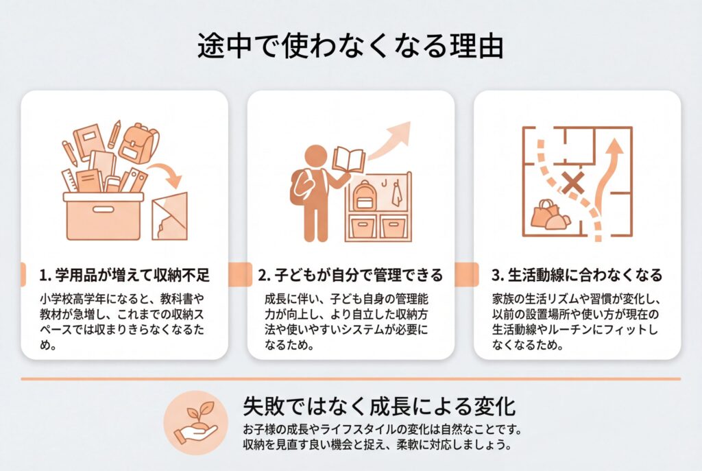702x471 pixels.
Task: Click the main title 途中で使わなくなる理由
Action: tap(350, 46)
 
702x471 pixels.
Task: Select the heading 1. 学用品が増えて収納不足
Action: tap(125, 275)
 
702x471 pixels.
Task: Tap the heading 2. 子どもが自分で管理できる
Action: tap(350, 275)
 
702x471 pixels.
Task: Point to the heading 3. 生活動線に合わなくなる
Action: tap(577, 275)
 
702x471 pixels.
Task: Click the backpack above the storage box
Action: tap(138, 143)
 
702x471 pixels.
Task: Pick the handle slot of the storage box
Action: tap(104, 209)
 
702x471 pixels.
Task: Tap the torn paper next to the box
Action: tap(170, 217)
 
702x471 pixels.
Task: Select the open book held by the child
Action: tap(348, 159)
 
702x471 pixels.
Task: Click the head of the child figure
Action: tap(315, 156)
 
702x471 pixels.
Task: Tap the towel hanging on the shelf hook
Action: tap(396, 194)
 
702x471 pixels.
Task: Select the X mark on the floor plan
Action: tap(574, 182)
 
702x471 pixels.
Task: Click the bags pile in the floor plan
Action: tap(550, 215)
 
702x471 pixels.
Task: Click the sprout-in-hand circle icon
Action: tap(195, 422)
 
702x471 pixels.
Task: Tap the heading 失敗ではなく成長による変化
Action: tap(380, 406)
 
